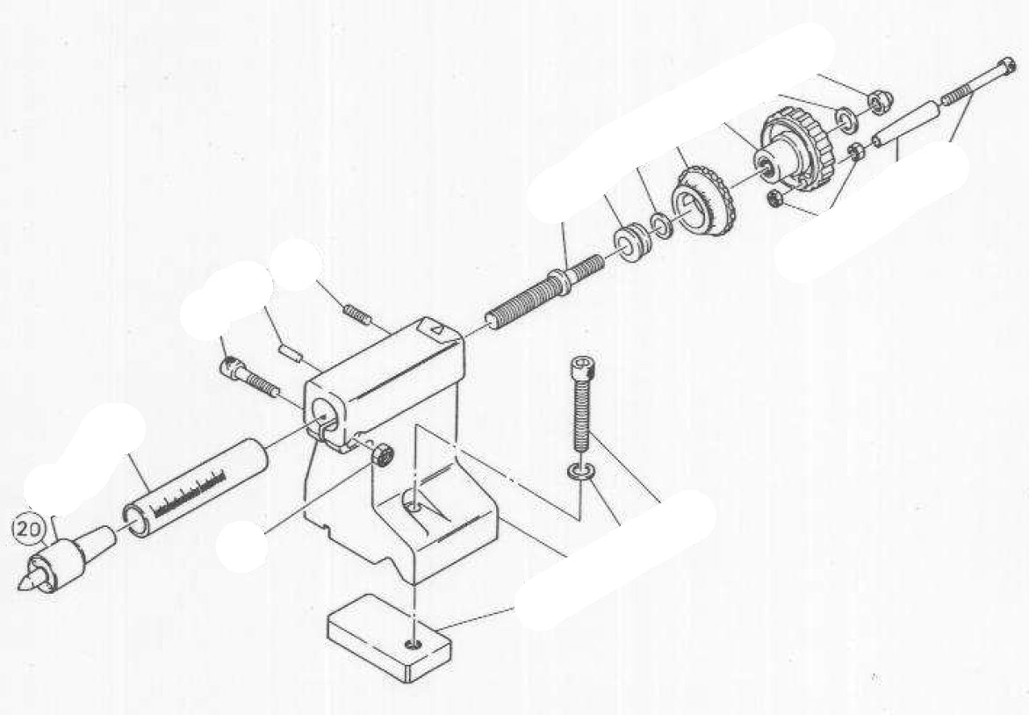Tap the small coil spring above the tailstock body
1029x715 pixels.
pos(353,313)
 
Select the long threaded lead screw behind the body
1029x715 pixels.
pos(536,290)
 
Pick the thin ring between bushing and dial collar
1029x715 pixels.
pos(661,222)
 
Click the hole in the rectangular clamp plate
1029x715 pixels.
pos(413,646)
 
